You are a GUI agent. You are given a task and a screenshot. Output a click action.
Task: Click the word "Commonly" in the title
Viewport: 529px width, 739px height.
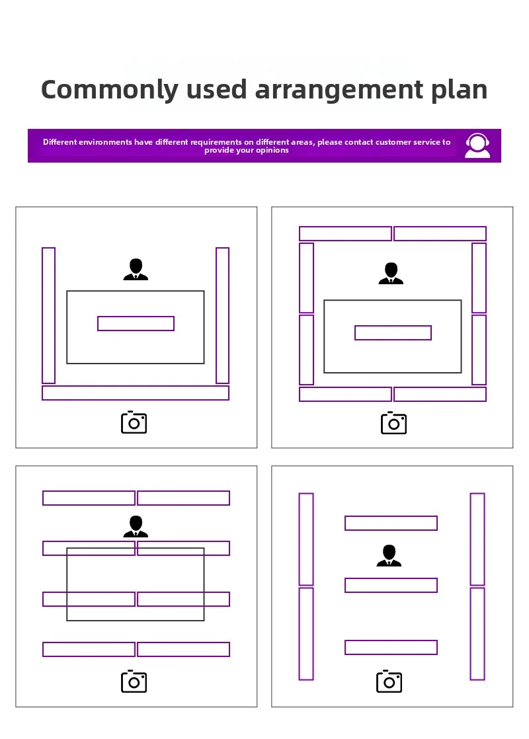click(109, 90)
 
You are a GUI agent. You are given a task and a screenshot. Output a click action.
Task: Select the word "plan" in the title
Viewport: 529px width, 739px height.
click(459, 90)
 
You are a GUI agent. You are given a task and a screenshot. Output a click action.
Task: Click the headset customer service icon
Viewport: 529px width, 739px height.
click(477, 145)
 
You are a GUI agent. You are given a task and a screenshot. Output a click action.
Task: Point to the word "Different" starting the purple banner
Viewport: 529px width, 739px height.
click(60, 142)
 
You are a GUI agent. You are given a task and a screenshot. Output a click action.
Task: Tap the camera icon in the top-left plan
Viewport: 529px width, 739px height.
click(134, 422)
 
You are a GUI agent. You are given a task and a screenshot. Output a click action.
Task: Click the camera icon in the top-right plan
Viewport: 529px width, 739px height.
click(393, 423)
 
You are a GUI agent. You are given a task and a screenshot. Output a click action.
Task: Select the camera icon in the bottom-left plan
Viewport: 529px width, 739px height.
click(134, 681)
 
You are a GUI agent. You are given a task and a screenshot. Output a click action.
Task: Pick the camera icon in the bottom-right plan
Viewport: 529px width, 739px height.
click(389, 681)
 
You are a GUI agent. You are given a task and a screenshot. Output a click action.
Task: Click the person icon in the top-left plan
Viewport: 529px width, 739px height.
click(136, 270)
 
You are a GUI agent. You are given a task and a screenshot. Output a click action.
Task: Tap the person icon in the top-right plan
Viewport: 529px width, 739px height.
click(391, 274)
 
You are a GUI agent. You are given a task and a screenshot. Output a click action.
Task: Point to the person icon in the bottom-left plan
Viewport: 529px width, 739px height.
click(136, 526)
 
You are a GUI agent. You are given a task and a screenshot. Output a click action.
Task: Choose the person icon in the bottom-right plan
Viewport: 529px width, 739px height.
click(389, 555)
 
